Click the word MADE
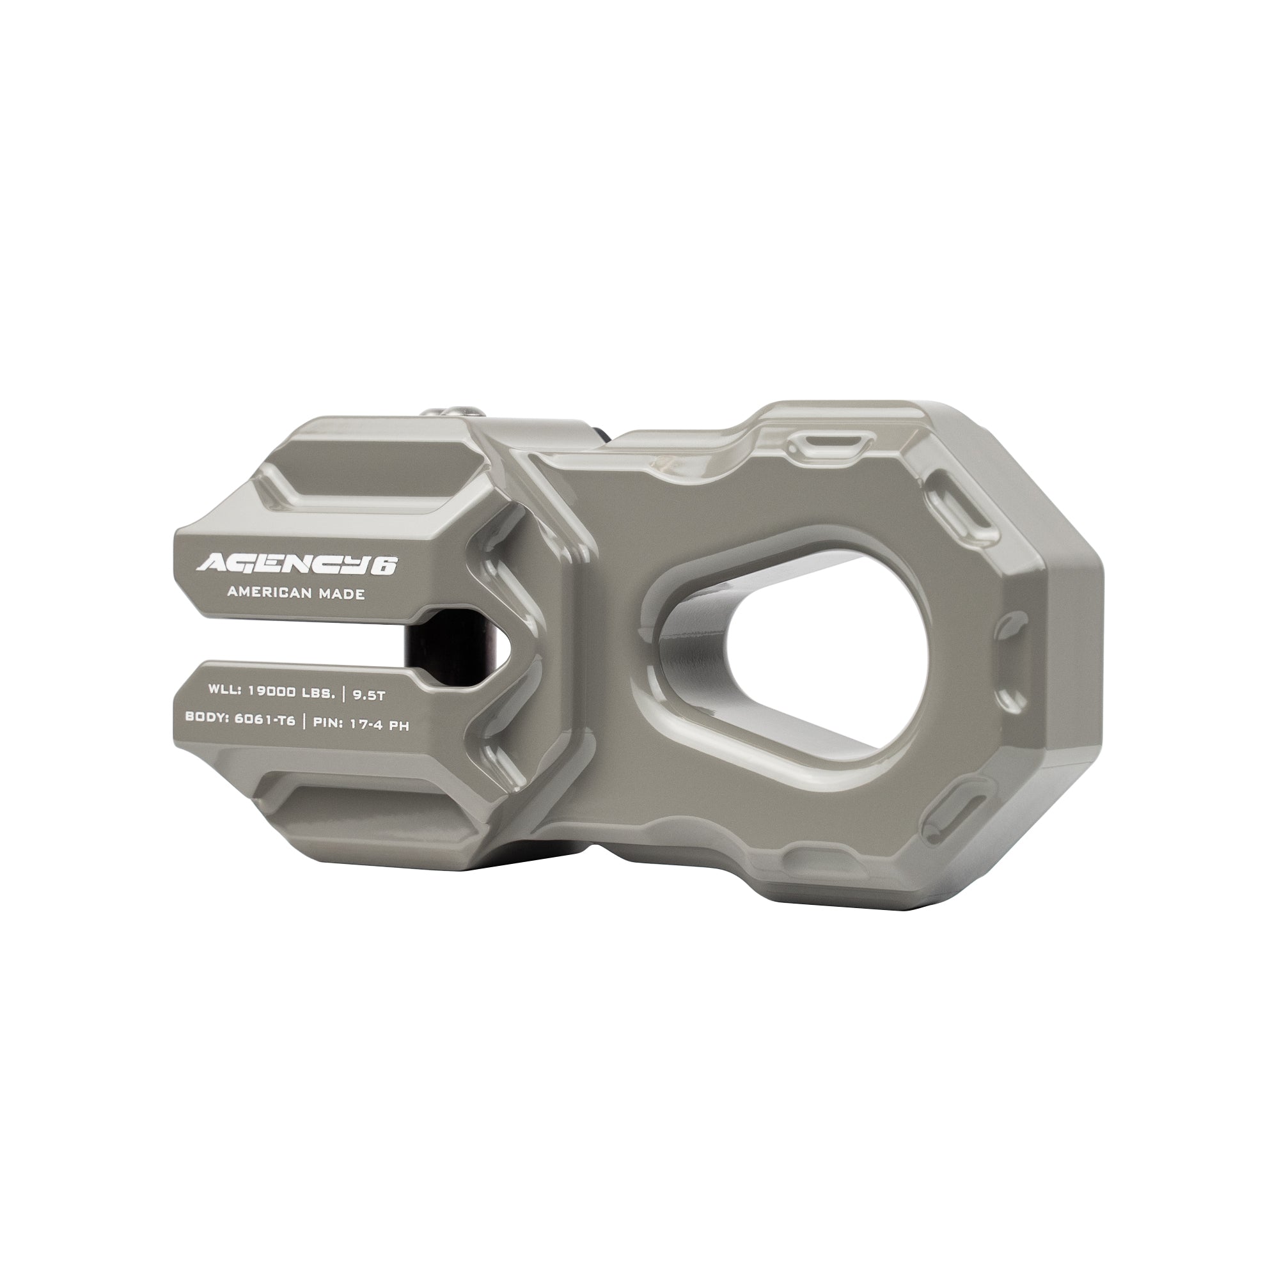(340, 594)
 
